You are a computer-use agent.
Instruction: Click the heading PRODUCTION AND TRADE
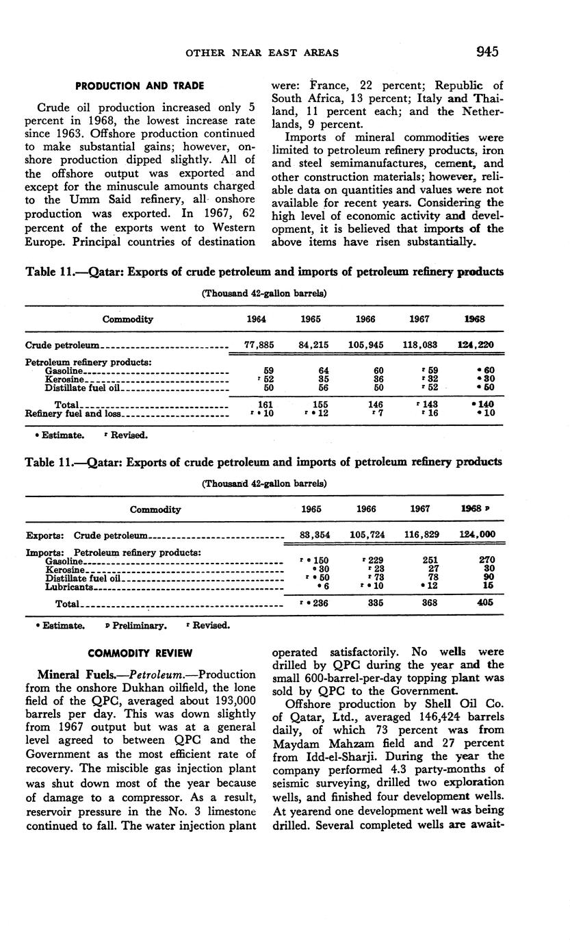[x=140, y=86]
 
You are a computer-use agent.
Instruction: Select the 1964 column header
[x=255, y=319]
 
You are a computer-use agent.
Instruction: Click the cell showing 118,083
[x=422, y=345]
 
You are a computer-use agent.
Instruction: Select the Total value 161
[x=257, y=404]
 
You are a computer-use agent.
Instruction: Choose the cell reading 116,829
[x=420, y=535]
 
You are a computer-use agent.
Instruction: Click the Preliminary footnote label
[x=138, y=625]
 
